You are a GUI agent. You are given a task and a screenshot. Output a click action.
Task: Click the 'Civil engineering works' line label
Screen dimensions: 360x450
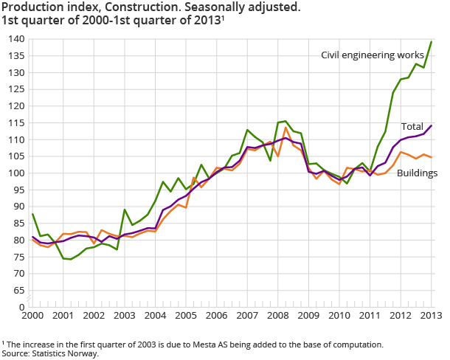[372, 55]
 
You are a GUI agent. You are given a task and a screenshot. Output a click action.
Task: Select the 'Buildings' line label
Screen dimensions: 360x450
[418, 173]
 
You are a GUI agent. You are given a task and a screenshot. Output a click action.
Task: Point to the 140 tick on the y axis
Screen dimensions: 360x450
[16, 38]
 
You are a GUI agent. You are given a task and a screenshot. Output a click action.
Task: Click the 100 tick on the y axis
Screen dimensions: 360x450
[16, 173]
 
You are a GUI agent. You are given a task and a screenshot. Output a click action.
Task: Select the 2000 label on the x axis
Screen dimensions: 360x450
[32, 316]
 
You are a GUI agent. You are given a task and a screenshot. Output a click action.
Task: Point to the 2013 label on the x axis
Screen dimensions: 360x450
[431, 316]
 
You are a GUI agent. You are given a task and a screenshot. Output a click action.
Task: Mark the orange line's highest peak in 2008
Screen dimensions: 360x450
[285, 127]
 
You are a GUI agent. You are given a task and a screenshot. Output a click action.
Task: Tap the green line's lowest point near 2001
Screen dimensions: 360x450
[71, 260]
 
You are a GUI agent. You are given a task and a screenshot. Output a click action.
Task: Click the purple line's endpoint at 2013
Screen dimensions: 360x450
[432, 125]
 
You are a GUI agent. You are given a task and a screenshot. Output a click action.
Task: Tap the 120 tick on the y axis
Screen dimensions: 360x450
[16, 105]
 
